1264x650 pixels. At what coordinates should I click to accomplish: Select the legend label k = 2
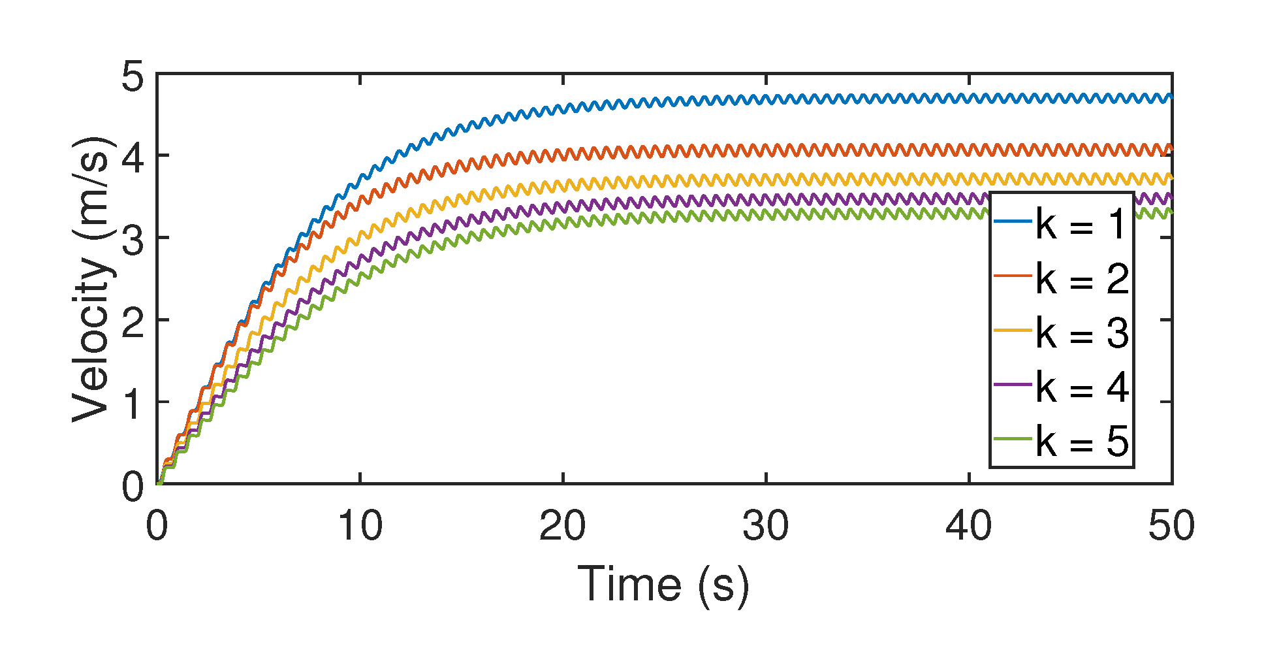click(x=1082, y=278)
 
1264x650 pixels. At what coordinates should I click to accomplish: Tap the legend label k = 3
click(x=1082, y=333)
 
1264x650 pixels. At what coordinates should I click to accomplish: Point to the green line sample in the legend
click(x=1013, y=440)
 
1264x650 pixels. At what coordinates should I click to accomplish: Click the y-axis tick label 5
click(x=133, y=77)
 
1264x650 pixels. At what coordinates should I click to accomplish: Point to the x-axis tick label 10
click(x=360, y=526)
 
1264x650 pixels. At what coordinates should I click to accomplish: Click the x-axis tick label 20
click(x=563, y=526)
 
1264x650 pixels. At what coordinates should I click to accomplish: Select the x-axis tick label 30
click(x=766, y=526)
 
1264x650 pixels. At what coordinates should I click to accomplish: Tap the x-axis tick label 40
click(x=969, y=526)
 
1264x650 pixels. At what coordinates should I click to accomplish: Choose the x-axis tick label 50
click(x=1171, y=526)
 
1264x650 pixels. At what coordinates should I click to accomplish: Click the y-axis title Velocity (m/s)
click(x=91, y=279)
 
